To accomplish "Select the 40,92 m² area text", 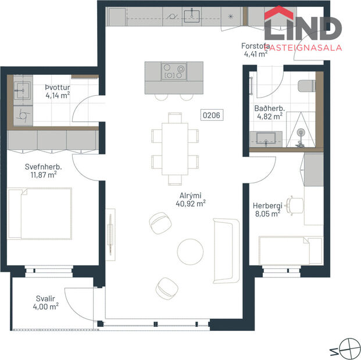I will click(x=191, y=204).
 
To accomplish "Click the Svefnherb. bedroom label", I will click(x=43, y=165).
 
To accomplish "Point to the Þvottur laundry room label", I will click(x=57, y=87).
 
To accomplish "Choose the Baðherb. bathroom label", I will click(x=268, y=108).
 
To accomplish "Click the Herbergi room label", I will click(x=267, y=206).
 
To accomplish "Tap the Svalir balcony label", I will click(x=44, y=298).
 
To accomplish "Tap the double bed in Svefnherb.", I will click(x=40, y=213).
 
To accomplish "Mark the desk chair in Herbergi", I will click(x=296, y=205).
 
